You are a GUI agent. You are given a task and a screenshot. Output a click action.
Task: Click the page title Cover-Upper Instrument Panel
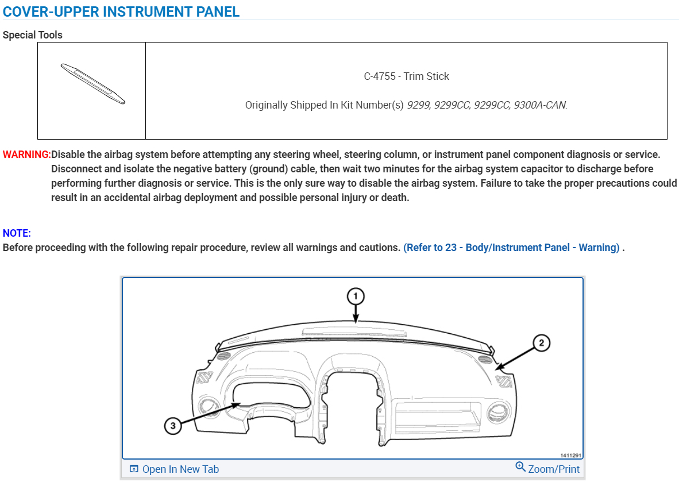(x=121, y=11)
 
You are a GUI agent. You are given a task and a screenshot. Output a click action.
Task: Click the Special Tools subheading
(x=33, y=35)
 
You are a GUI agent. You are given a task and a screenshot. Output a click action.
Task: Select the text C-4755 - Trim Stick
(x=406, y=76)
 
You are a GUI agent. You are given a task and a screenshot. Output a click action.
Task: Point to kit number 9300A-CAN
(x=540, y=105)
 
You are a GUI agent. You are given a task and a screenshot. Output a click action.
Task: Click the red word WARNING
(x=26, y=155)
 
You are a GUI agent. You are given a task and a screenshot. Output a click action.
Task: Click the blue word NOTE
(x=17, y=233)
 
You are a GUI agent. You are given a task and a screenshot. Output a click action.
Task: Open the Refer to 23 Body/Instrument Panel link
(x=511, y=248)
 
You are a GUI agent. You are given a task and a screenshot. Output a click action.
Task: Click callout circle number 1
(x=356, y=296)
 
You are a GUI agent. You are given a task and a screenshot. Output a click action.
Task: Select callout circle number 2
(x=541, y=344)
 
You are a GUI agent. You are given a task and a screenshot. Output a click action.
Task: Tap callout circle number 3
(x=172, y=426)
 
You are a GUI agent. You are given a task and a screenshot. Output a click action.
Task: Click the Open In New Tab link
(x=180, y=469)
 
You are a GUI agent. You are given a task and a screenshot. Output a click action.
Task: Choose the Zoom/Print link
(x=554, y=469)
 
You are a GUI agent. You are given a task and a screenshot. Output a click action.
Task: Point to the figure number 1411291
(x=571, y=455)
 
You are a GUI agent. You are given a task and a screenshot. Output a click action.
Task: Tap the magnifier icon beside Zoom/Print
(x=520, y=467)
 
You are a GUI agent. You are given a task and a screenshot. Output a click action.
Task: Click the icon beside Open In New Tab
(x=134, y=469)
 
